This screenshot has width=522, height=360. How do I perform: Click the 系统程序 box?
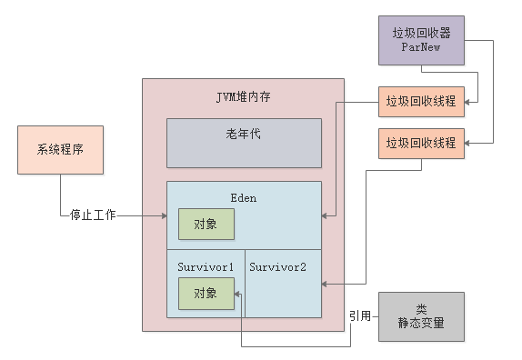coord(61,150)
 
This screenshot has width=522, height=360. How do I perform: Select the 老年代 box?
coord(244,142)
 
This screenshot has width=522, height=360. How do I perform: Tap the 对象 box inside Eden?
coord(206,224)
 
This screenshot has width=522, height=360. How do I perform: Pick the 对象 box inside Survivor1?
coord(206,293)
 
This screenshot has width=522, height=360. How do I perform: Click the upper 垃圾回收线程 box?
coord(421,100)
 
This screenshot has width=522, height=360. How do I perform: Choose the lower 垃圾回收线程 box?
coord(421,144)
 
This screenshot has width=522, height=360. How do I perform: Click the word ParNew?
coord(421,46)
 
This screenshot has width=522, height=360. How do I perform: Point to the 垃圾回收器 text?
coord(421,32)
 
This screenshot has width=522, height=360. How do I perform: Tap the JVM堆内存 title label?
coord(243,95)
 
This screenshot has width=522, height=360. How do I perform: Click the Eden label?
coord(244,195)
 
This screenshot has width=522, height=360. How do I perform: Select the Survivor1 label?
coord(206,266)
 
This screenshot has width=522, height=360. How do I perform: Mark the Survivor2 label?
coord(277,266)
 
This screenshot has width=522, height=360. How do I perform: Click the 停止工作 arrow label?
coord(93,216)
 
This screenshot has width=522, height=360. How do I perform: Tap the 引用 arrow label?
coord(360,315)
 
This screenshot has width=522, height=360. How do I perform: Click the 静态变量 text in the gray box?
coord(421,323)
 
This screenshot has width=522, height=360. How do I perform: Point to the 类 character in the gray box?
coord(421,308)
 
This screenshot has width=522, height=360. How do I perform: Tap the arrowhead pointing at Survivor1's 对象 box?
coord(238,293)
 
